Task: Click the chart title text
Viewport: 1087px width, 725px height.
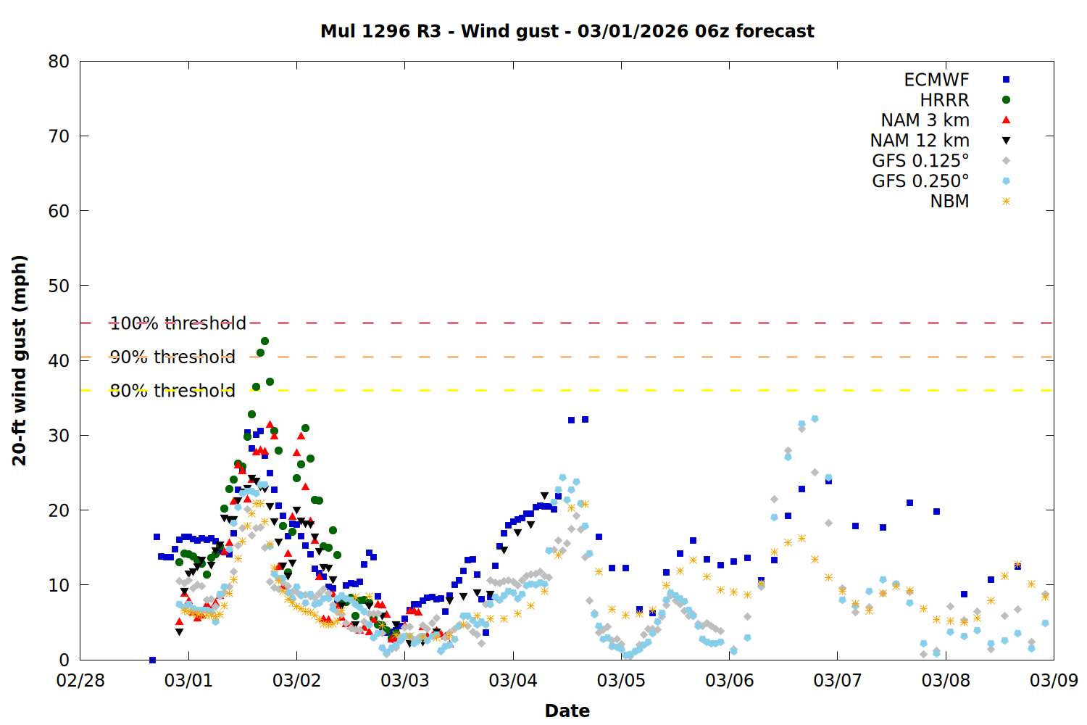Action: [567, 31]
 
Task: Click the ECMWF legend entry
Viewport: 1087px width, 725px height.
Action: [936, 80]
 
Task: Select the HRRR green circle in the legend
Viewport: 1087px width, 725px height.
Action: [1006, 100]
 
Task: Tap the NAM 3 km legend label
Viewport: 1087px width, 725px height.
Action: [925, 120]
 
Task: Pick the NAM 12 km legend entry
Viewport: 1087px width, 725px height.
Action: [920, 141]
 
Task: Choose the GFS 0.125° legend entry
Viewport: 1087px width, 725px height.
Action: [920, 161]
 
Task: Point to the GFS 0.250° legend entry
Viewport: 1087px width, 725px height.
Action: [920, 181]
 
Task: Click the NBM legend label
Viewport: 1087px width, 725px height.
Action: [949, 202]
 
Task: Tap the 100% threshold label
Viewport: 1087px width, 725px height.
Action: [178, 323]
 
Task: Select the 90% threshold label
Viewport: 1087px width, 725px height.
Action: [172, 357]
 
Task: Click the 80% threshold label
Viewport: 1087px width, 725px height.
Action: [172, 391]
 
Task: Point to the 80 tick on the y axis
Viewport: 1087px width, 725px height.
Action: [59, 62]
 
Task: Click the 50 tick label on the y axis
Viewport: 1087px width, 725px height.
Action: [59, 286]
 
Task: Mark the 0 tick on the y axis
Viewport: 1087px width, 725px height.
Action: [64, 660]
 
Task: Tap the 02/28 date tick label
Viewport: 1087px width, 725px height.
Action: [80, 681]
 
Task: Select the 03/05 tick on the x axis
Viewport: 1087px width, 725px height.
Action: [621, 681]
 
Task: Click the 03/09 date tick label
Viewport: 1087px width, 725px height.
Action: [1054, 681]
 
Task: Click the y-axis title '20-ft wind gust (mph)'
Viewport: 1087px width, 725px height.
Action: [20, 360]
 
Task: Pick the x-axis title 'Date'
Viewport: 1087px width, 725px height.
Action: [567, 710]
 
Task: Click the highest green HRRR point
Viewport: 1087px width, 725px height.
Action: [265, 341]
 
